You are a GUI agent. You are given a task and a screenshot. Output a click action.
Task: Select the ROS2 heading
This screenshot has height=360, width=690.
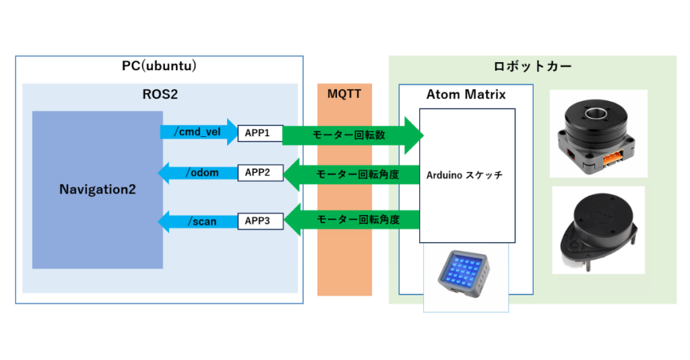tap(160, 94)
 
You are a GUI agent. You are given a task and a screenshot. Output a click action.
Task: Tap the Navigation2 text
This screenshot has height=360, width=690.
tap(97, 190)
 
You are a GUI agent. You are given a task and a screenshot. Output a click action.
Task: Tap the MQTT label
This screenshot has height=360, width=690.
tap(344, 94)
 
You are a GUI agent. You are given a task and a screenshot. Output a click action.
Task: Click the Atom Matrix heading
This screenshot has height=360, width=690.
tap(466, 94)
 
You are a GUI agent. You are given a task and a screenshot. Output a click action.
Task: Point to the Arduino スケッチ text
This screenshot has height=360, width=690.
tap(464, 175)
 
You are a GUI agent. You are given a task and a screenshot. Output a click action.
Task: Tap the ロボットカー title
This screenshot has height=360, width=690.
tap(532, 67)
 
